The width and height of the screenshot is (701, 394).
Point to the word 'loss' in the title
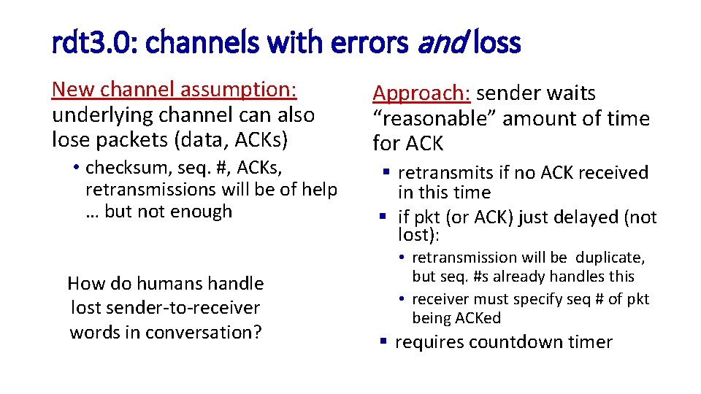click(x=497, y=44)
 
